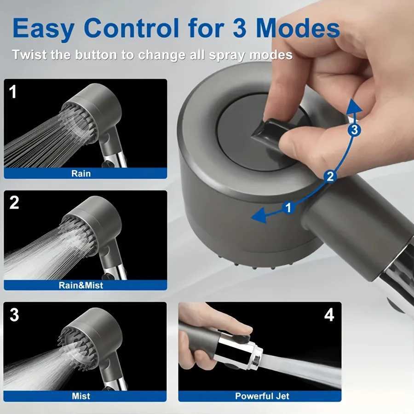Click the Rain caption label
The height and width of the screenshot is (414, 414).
point(81,173)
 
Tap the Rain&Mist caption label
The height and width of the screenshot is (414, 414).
point(81,285)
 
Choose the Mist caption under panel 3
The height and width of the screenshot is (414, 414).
point(81,396)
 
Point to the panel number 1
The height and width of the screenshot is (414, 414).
point(13,92)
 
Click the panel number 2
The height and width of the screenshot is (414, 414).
point(14,202)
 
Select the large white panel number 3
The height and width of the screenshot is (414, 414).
point(14,315)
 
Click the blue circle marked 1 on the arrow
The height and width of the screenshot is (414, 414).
point(288,208)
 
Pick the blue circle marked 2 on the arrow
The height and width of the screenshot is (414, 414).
point(329,175)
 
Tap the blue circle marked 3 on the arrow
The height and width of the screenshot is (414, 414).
point(353,130)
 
